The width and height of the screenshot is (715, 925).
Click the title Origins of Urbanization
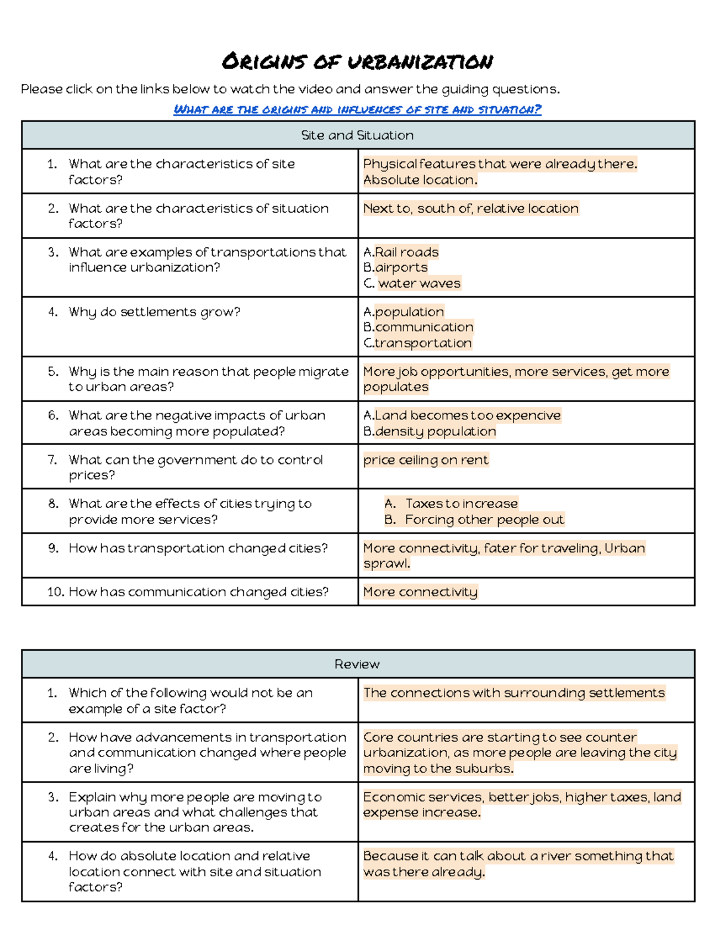357,62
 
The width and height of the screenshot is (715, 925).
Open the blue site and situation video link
357,110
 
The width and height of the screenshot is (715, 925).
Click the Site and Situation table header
357,135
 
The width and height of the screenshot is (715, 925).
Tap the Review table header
357,664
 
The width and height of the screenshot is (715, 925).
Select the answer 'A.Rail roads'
401,252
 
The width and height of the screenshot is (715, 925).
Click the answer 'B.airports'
396,267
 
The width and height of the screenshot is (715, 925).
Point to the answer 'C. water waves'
412,284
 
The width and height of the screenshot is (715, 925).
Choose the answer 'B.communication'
418,327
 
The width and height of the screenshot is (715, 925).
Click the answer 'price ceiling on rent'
425,460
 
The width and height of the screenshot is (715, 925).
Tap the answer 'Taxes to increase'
461,503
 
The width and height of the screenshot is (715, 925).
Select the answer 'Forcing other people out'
484,519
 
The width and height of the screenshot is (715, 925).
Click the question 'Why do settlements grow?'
154,312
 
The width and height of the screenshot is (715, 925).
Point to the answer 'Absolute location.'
420,180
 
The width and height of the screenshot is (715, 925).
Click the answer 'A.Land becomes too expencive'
462,415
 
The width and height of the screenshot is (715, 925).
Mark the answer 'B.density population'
430,431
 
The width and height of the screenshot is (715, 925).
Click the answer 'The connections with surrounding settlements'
514,693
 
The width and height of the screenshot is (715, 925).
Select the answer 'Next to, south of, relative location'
471,208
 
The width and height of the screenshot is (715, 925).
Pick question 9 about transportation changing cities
198,548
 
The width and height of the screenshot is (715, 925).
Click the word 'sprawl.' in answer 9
387,563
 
